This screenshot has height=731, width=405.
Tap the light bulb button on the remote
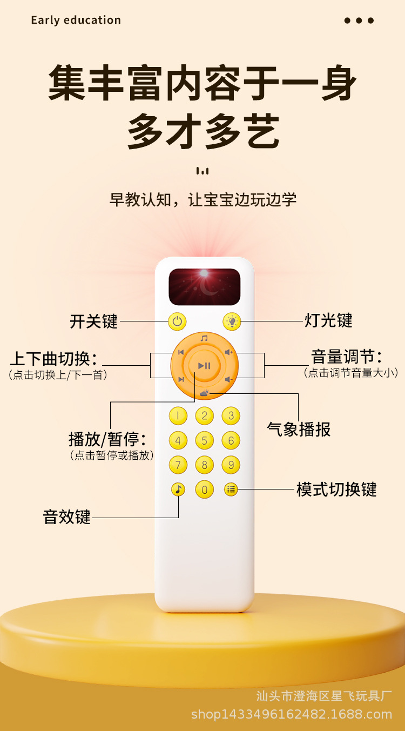(x=232, y=321)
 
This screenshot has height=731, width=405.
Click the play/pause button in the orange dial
(x=204, y=366)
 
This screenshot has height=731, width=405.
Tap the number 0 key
(x=204, y=489)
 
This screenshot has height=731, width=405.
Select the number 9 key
(x=231, y=465)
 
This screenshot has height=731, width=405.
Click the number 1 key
(x=178, y=415)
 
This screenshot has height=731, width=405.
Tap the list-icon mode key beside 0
(x=231, y=489)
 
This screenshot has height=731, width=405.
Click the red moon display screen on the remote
(x=204, y=287)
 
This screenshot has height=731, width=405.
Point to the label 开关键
(x=93, y=321)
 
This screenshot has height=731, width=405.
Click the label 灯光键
(x=328, y=320)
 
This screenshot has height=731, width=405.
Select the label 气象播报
(x=299, y=430)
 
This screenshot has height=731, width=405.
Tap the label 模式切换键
(x=336, y=489)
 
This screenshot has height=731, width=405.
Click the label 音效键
(x=67, y=517)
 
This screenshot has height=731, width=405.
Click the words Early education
(x=76, y=21)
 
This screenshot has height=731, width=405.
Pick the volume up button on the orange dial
(x=229, y=353)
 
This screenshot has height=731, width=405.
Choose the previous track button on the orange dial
(x=180, y=353)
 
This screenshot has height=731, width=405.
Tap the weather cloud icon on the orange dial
(x=204, y=393)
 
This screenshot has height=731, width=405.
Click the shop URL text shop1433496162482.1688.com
(x=291, y=714)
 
